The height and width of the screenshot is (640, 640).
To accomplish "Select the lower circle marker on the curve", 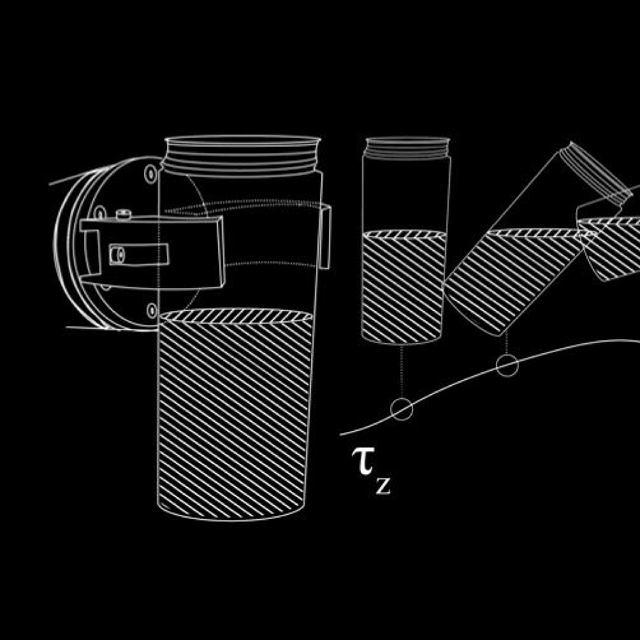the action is tap(401, 409).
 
